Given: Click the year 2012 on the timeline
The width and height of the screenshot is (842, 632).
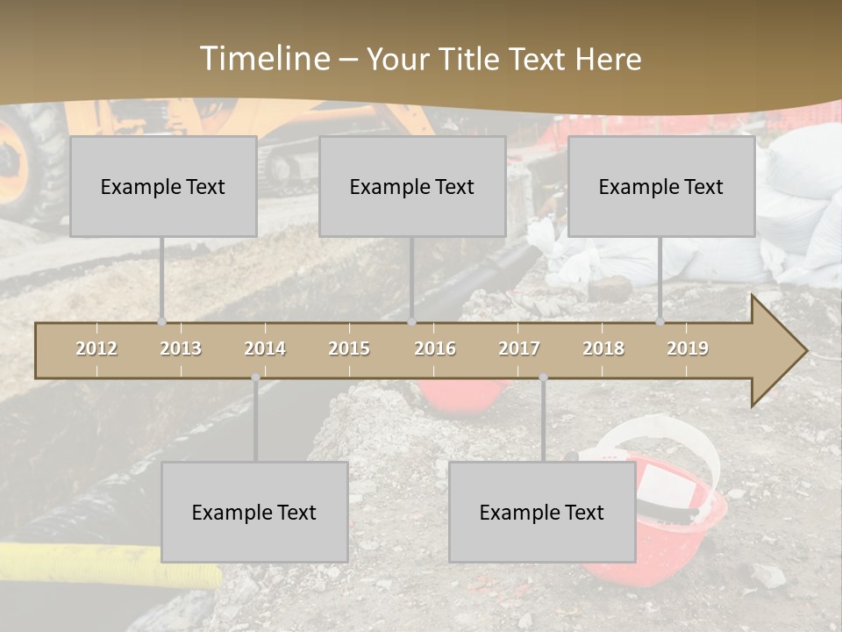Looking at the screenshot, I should click(x=96, y=348).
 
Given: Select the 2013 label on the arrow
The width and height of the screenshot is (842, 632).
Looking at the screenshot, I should click(x=181, y=348).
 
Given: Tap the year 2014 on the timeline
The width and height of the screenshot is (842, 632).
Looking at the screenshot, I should click(x=265, y=348).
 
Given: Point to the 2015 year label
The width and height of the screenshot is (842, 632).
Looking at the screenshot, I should click(x=349, y=348).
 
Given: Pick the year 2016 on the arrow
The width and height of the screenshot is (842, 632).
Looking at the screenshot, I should click(x=435, y=348).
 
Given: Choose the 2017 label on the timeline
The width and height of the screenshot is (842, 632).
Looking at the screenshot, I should click(x=519, y=348).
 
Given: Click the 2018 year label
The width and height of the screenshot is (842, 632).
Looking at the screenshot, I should click(x=603, y=348).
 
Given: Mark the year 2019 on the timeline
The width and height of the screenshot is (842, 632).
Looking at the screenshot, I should click(x=688, y=348).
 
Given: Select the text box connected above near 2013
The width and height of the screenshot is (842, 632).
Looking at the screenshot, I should click(x=163, y=186).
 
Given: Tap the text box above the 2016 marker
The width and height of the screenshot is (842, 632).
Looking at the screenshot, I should click(x=412, y=186).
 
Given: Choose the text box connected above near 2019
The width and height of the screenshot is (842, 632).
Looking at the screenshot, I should click(x=661, y=186).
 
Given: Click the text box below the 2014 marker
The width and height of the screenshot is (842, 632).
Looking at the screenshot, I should click(x=254, y=512).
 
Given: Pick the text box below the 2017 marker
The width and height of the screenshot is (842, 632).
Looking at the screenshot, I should click(x=542, y=512).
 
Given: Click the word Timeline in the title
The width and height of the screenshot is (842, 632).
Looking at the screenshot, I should click(x=264, y=59).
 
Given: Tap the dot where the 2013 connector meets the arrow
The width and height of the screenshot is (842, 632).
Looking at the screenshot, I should click(x=161, y=321).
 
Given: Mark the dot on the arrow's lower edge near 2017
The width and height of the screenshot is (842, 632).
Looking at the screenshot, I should click(x=543, y=377).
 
